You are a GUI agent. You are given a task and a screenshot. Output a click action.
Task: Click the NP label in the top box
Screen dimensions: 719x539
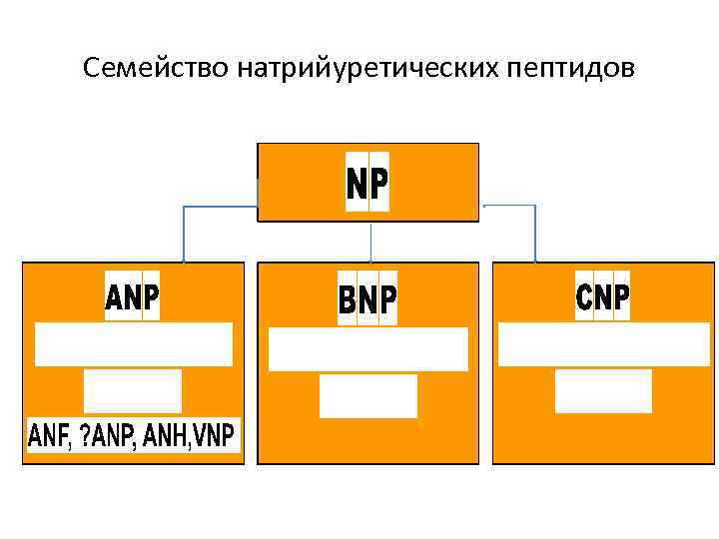tap(367, 184)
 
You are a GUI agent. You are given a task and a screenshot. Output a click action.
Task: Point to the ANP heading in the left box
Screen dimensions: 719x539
tap(133, 296)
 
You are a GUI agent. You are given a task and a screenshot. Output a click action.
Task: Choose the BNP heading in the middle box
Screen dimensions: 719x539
tap(367, 299)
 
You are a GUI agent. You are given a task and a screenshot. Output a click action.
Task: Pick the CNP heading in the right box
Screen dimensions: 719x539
tap(603, 295)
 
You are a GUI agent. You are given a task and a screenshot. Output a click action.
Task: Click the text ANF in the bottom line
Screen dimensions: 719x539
tap(50, 436)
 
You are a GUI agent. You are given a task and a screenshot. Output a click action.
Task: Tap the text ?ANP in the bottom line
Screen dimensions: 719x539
tap(105, 436)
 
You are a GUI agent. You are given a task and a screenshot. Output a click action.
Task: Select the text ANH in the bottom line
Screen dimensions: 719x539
tap(164, 436)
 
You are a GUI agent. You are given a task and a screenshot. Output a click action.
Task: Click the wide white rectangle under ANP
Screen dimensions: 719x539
tap(134, 344)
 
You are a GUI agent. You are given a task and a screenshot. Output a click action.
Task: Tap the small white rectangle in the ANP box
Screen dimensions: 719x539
tap(133, 390)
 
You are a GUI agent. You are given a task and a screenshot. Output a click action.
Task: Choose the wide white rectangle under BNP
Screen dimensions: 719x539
tap(368, 349)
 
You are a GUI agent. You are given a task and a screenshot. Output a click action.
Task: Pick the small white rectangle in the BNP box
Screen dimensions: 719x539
tap(368, 396)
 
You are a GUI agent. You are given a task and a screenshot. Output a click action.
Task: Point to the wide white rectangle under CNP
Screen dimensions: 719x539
tap(603, 345)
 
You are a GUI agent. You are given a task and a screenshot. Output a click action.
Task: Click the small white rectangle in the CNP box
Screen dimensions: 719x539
tap(603, 391)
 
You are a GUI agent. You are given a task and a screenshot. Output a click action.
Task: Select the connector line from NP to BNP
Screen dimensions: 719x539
tap(371, 243)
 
